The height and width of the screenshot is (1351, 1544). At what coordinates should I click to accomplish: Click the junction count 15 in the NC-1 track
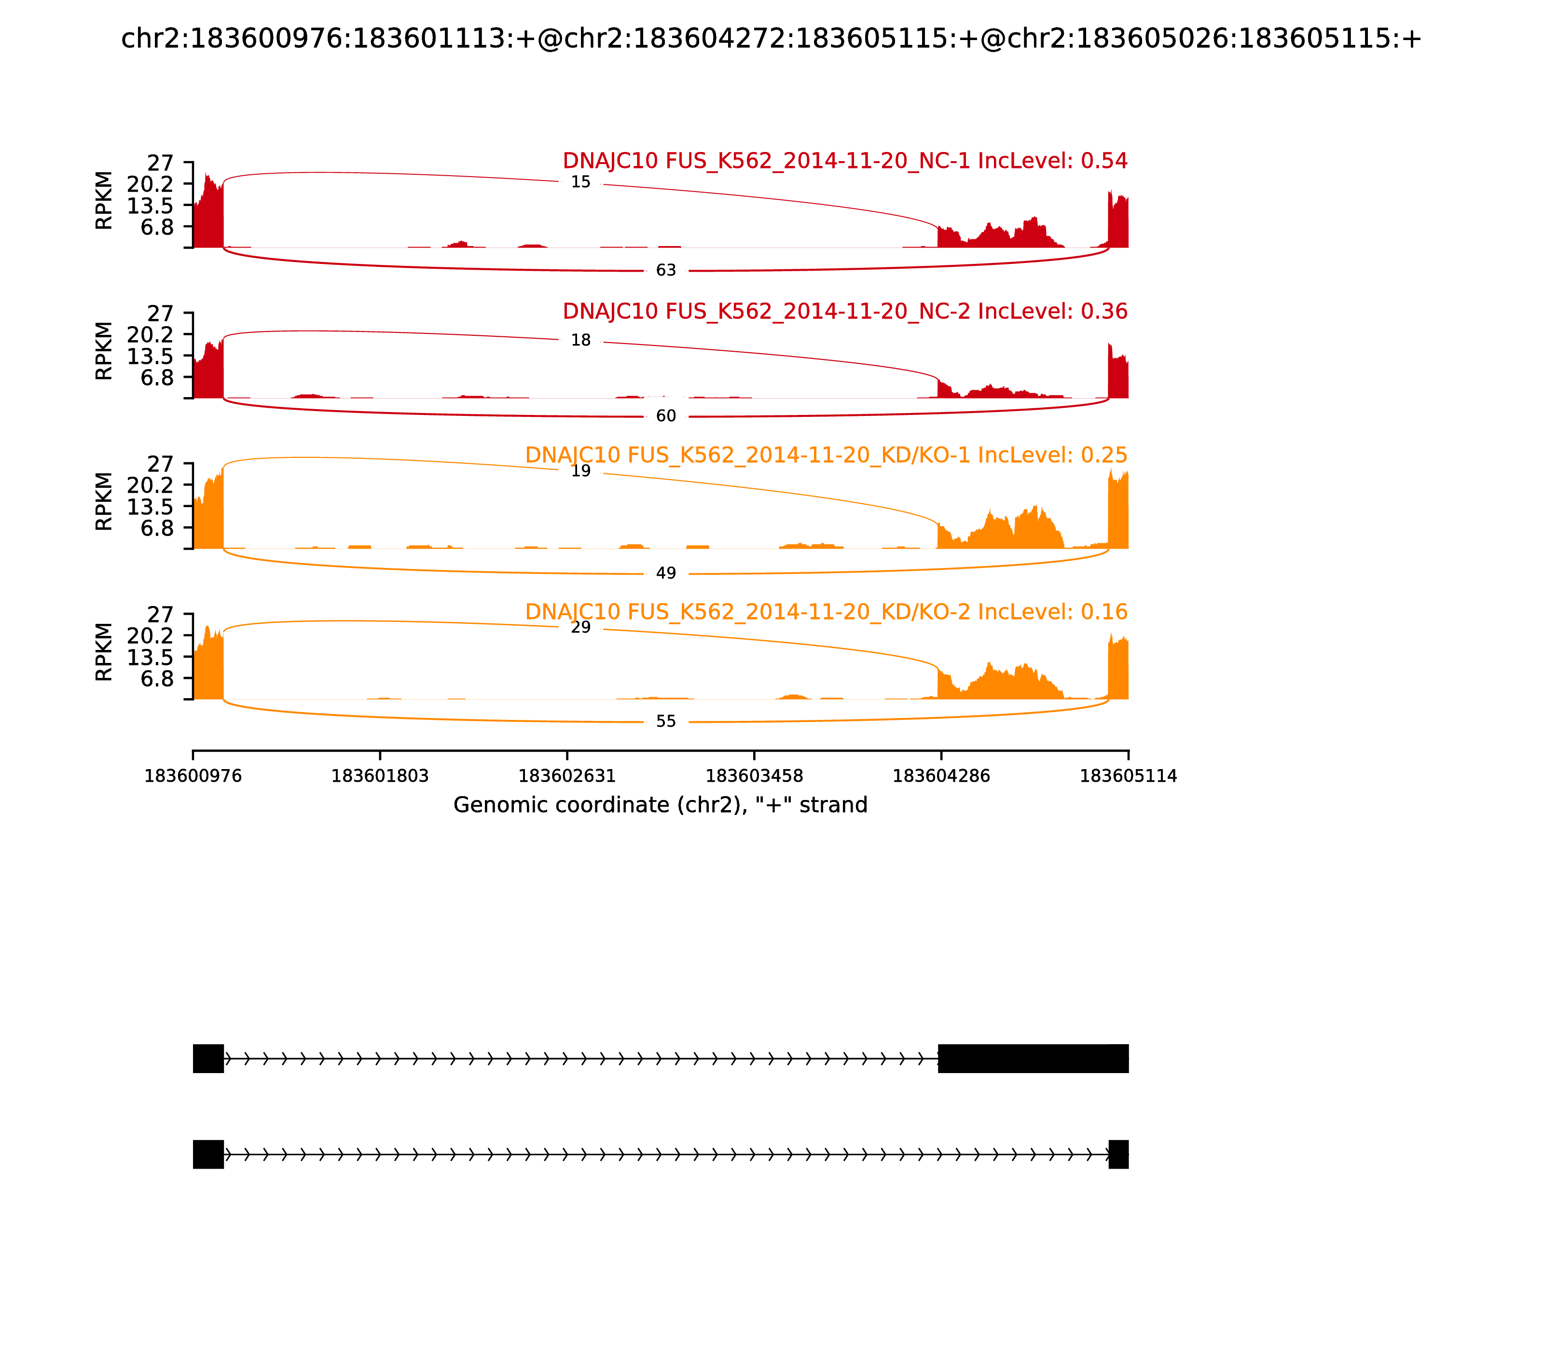580,182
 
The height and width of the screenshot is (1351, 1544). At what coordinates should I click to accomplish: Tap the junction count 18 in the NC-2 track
580,341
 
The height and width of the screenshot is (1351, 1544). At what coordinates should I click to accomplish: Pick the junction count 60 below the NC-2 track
666,416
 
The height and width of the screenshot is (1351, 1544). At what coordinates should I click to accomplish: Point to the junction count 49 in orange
666,574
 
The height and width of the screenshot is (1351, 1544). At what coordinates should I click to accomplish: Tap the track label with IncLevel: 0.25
826,455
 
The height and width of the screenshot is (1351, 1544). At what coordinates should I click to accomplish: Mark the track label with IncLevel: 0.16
826,612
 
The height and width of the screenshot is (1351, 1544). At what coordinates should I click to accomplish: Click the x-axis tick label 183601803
380,776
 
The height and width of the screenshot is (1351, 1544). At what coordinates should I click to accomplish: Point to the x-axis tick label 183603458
754,776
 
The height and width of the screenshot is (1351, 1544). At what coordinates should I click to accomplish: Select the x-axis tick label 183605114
1128,776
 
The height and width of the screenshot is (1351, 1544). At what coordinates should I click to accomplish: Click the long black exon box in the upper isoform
1033,1059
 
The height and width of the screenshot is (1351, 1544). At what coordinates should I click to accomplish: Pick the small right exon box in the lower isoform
1118,1154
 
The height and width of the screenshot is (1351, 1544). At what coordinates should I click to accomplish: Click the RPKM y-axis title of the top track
104,201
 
